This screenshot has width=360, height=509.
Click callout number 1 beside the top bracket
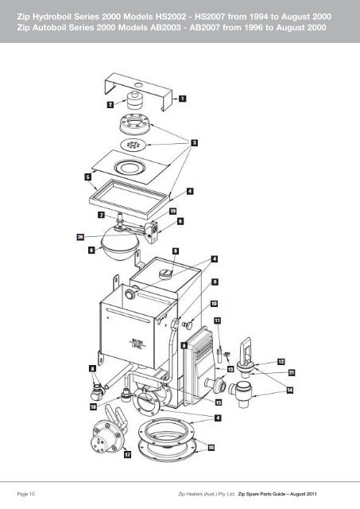[183, 98]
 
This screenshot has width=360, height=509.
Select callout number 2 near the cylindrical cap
[110, 104]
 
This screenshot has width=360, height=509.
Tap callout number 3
[194, 142]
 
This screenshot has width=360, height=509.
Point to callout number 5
[88, 177]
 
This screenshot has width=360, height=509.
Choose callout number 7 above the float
[102, 215]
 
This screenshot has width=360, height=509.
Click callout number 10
[214, 304]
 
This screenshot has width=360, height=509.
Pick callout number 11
[217, 321]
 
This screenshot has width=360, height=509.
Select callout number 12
[281, 362]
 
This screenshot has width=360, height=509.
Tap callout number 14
[290, 390]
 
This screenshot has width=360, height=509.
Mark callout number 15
[219, 402]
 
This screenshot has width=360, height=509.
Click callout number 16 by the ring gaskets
[211, 448]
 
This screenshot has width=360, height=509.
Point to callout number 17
[128, 454]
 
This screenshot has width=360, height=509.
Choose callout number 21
[292, 373]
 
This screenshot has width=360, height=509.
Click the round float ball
[120, 245]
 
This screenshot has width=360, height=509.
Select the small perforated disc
[133, 145]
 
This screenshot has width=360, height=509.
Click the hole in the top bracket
[138, 85]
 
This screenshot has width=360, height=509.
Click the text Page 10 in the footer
[25, 494]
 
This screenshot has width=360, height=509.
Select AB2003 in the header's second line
[165, 27]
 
